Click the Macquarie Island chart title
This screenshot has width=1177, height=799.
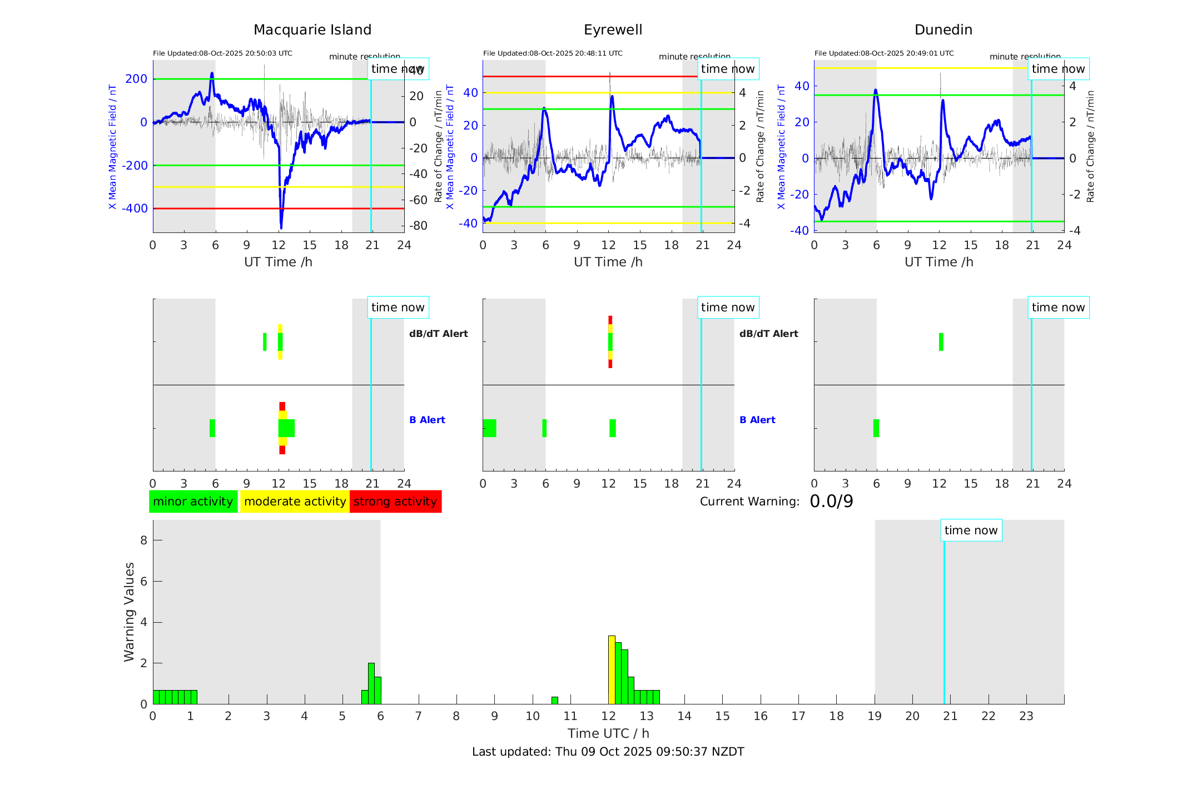click(x=312, y=30)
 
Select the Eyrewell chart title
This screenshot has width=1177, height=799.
click(x=613, y=30)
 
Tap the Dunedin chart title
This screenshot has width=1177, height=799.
click(x=943, y=30)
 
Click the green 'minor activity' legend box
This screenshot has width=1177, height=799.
click(x=193, y=502)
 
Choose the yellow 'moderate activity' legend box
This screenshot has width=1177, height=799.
click(x=295, y=502)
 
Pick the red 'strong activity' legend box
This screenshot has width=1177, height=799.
click(x=395, y=502)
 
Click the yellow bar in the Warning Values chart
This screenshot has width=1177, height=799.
click(x=612, y=670)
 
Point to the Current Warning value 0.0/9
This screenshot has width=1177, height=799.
click(x=831, y=502)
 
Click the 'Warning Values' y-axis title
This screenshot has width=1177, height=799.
click(x=130, y=612)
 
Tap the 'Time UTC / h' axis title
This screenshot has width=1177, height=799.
click(x=608, y=733)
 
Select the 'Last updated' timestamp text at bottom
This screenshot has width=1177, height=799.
click(x=608, y=752)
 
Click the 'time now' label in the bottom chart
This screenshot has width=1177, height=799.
click(x=971, y=530)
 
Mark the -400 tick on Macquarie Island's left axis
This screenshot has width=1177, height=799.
click(x=135, y=209)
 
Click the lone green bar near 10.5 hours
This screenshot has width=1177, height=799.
click(x=555, y=700)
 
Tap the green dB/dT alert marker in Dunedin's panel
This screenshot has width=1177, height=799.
click(x=941, y=342)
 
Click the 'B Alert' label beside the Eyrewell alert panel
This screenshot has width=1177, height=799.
click(x=757, y=420)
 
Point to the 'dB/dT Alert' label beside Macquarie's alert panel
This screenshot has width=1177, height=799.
click(x=438, y=334)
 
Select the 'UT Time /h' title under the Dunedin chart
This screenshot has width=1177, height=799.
click(x=938, y=262)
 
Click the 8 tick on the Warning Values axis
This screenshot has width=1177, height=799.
click(x=143, y=540)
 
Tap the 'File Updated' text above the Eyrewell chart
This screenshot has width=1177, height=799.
click(x=553, y=53)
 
